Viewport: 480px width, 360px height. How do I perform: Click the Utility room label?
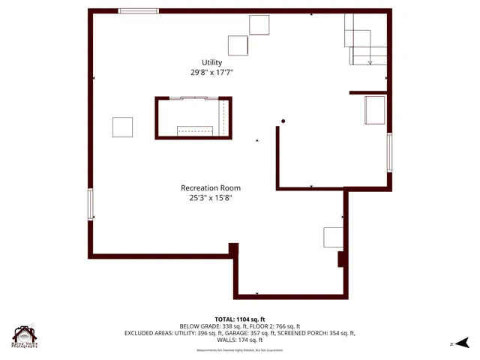coord(211,61)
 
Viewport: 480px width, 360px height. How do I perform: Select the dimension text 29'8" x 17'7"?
coord(211,73)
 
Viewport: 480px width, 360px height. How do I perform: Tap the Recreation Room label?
coord(211,187)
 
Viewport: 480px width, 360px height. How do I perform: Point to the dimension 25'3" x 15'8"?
coord(211,198)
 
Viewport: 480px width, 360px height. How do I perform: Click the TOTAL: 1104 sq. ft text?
coord(240,319)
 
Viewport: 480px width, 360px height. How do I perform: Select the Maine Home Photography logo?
coord(25,337)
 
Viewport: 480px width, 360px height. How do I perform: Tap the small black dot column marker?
coord(283,121)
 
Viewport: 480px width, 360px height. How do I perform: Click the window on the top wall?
coord(139,10)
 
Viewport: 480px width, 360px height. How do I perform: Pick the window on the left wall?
coord(91,204)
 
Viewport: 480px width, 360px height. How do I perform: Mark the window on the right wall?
coord(389,151)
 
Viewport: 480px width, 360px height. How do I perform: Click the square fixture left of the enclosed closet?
coord(123,127)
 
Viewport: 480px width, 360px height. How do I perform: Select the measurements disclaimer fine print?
coord(240,350)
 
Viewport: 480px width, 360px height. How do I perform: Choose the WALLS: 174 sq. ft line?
coord(240,340)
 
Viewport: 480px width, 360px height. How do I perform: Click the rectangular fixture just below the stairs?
coord(374,109)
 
